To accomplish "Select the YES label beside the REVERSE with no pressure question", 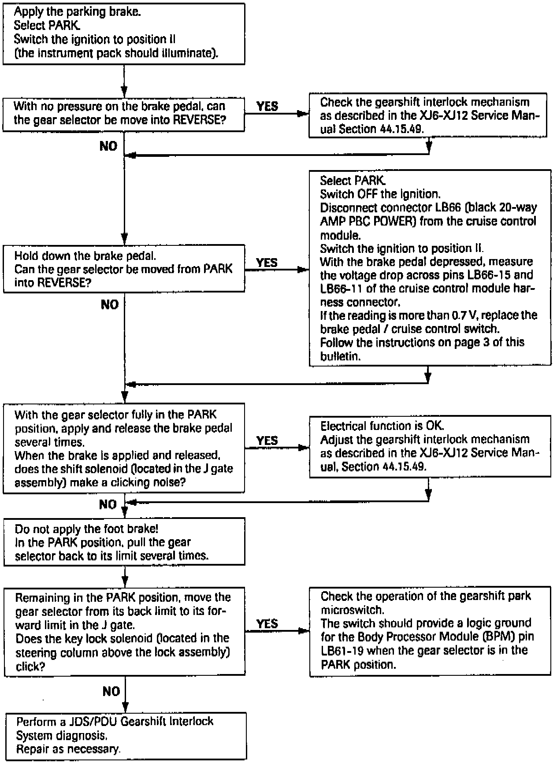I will [x=267, y=106].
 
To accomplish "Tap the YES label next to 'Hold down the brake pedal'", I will [x=267, y=263].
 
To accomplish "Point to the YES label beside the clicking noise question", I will [x=267, y=441].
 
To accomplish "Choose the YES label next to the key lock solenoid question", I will [x=267, y=623].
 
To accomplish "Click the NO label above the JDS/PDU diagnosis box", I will [x=111, y=691].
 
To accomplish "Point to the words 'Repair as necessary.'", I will [x=68, y=748].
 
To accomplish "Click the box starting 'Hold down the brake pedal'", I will [x=124, y=269].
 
